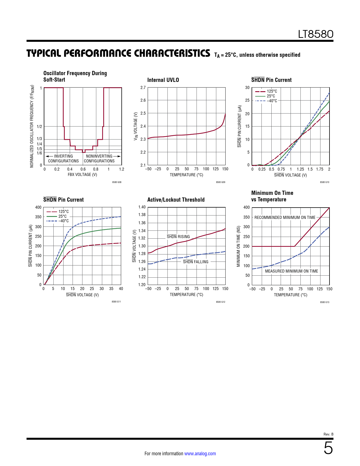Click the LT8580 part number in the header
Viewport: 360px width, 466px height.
[316, 34]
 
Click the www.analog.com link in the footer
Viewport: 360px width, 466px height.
[200, 454]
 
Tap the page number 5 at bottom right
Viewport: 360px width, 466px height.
[328, 448]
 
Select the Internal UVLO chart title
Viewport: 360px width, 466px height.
[163, 80]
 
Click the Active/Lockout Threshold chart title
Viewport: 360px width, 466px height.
[176, 200]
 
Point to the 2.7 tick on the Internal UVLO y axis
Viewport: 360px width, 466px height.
[143, 88]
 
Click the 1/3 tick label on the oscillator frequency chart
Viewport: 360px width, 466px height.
[39, 139]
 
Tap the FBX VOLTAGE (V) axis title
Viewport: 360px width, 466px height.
[82, 175]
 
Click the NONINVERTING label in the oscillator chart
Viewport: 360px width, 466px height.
[99, 156]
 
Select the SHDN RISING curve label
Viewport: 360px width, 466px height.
[178, 237]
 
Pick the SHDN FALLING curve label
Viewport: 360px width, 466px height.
[195, 262]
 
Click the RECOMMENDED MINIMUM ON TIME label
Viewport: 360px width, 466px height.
[285, 217]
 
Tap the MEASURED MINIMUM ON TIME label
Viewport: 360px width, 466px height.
[291, 271]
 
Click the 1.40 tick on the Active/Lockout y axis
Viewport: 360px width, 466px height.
[142, 207]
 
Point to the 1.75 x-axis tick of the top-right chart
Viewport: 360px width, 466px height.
[320, 169]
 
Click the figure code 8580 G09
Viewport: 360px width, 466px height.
[221, 182]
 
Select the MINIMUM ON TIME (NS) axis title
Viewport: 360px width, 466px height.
[239, 246]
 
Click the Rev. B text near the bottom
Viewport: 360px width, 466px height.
[328, 434]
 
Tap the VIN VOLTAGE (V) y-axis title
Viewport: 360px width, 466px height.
[136, 126]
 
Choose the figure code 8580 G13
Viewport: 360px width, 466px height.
[324, 302]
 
